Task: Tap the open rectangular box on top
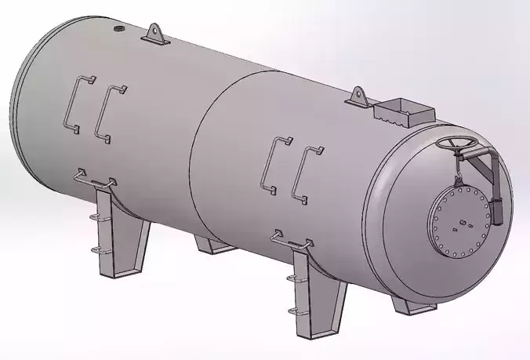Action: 403,111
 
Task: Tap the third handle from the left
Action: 275,164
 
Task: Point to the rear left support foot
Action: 215,245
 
